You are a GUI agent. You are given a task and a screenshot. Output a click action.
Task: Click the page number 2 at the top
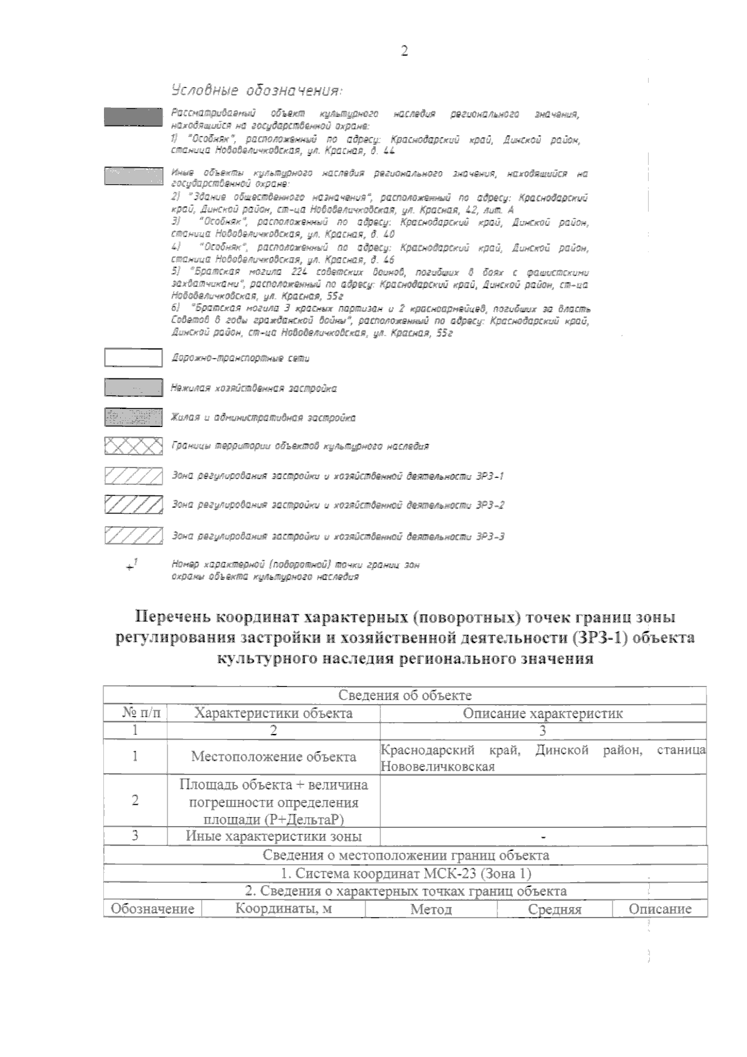[404, 51]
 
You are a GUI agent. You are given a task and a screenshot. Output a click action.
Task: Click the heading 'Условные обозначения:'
[256, 92]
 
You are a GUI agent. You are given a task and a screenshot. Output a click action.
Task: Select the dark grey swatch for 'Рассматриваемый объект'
[133, 117]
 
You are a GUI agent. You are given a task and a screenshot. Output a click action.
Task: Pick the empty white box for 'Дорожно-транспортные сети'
[133, 358]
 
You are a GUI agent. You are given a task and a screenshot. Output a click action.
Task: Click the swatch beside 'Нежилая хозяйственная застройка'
[133, 388]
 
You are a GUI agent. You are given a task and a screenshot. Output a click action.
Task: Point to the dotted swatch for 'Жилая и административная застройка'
[133, 418]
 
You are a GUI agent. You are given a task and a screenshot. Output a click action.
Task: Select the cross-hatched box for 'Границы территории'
[133, 446]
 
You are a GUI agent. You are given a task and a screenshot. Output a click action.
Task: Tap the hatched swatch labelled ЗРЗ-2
[133, 505]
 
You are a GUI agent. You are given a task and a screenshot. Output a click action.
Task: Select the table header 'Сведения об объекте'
[405, 695]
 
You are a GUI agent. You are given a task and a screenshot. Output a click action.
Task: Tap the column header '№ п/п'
[136, 713]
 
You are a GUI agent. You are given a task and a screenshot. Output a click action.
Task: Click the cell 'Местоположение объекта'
[273, 757]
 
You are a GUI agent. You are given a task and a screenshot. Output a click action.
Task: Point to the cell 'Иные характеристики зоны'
[273, 837]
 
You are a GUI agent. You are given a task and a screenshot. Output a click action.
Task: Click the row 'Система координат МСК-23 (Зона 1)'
[405, 873]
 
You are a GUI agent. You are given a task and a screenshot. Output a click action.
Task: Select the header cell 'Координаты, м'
[283, 909]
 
